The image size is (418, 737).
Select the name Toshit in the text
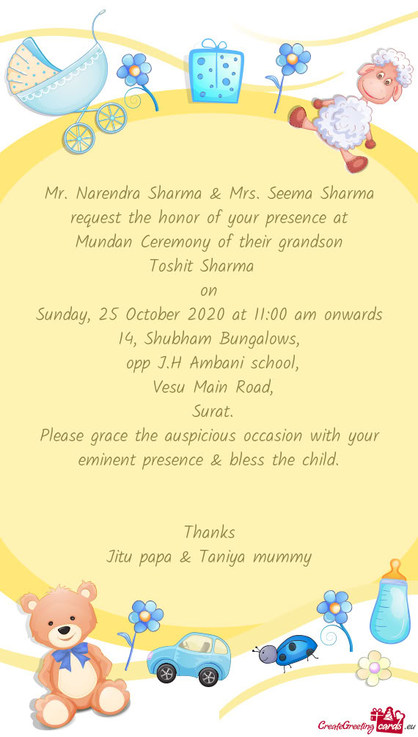[171, 265]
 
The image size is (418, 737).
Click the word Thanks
[209, 531]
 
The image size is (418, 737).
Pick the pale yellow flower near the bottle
[374, 667]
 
